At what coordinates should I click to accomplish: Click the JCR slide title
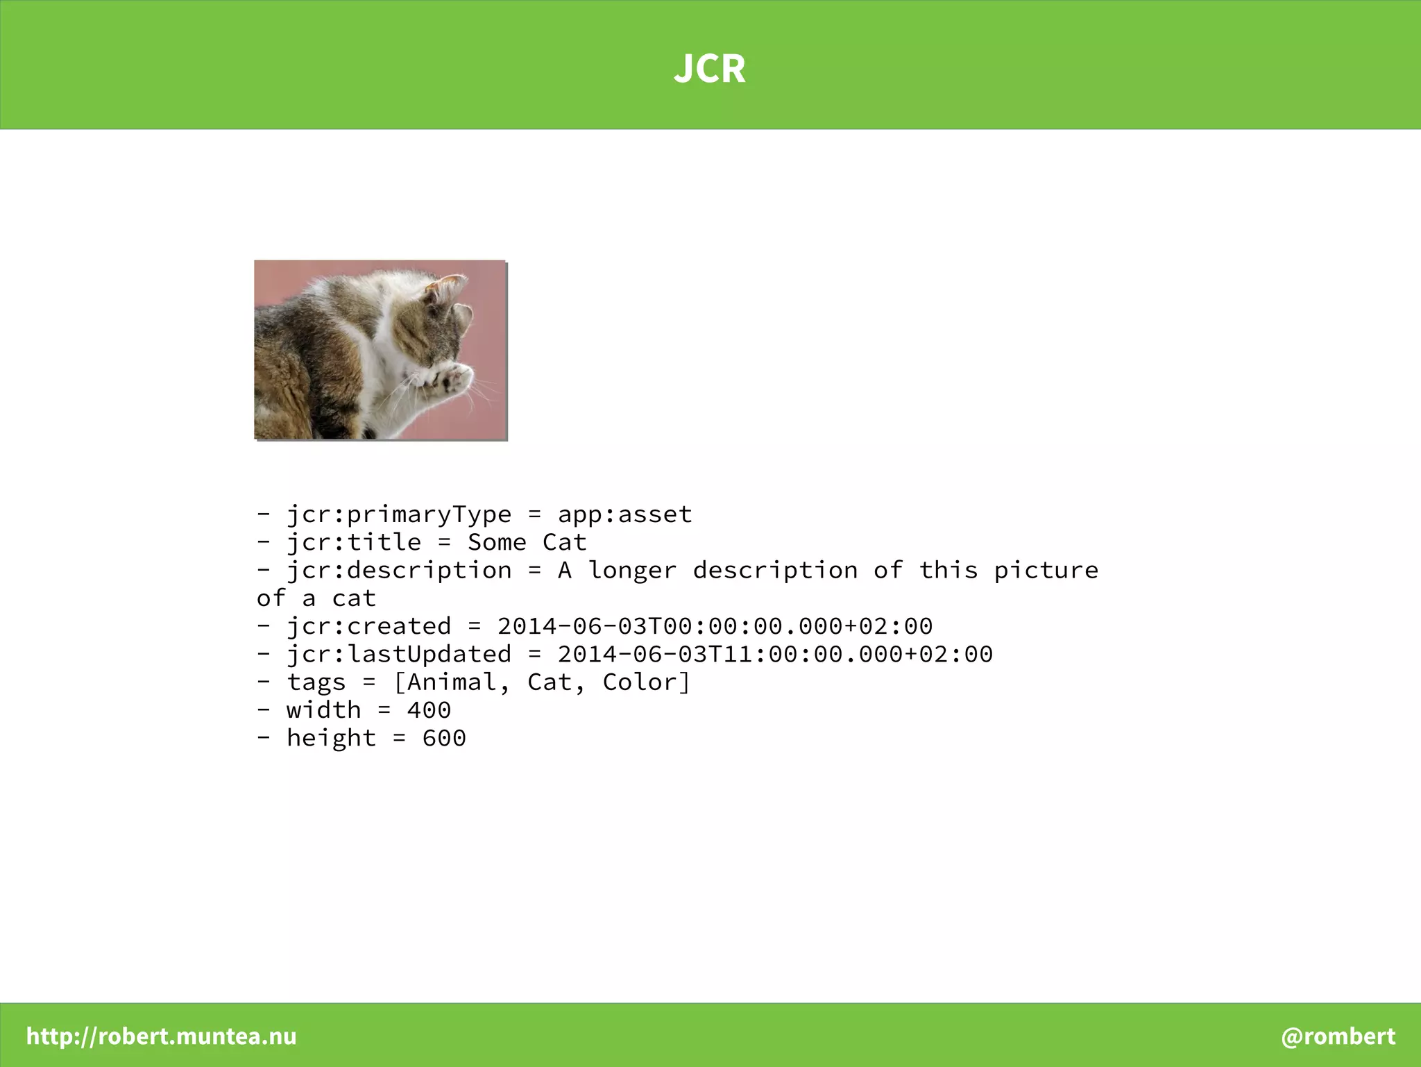pos(710,68)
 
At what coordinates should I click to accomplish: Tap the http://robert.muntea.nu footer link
pos(161,1036)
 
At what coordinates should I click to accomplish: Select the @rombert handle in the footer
pos(1338,1036)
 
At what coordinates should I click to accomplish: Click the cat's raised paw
pos(454,378)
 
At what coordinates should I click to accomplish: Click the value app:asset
pos(624,514)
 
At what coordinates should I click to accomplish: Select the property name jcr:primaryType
pos(399,514)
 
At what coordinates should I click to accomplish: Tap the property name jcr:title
pos(354,542)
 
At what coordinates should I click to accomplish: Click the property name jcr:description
pos(399,571)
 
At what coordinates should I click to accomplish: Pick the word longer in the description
pos(632,571)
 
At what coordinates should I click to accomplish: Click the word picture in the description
pos(1046,571)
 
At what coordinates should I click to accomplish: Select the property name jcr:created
pos(369,626)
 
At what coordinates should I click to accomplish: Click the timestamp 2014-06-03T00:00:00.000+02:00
pos(715,626)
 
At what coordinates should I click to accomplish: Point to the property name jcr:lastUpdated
pos(399,654)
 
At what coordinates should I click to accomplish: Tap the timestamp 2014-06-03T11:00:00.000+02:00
pos(775,654)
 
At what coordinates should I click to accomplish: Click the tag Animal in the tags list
pos(452,682)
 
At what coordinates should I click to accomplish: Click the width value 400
pos(429,710)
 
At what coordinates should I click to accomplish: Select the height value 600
pos(444,738)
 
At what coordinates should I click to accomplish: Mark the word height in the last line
pos(331,738)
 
